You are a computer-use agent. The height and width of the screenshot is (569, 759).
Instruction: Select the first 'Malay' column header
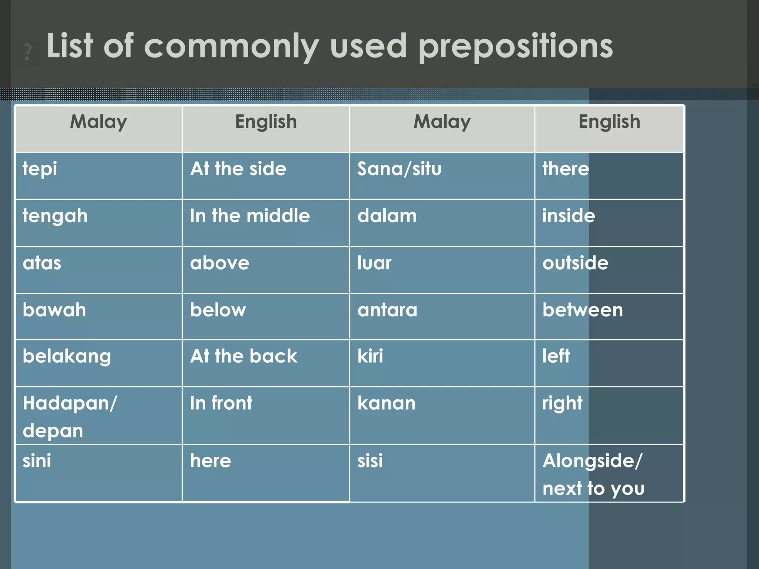[x=99, y=122]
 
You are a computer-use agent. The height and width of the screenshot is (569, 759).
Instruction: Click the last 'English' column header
[x=609, y=122]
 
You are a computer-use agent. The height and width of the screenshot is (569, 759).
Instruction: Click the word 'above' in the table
[x=219, y=263]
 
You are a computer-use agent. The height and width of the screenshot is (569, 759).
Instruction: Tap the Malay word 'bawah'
[x=54, y=310]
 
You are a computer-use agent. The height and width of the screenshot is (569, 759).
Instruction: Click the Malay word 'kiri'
[x=370, y=356]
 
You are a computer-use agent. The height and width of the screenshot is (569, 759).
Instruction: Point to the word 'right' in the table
[x=562, y=403]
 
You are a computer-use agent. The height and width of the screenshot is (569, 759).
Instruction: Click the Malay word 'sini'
[x=37, y=461]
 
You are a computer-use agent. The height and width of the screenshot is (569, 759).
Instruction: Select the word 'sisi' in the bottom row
[x=370, y=461]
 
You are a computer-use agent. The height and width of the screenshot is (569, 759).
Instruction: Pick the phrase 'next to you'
[x=593, y=489]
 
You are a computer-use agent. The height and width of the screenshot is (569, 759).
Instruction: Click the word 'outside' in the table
[x=575, y=263]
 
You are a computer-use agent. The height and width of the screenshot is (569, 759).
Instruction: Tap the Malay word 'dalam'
[x=387, y=216]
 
